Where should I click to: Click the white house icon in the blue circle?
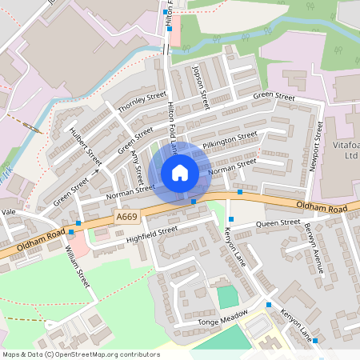tap(180, 172)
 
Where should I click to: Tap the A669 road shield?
tap(126, 217)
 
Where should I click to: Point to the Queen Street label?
tap(278, 223)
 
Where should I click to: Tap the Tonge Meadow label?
tap(219, 322)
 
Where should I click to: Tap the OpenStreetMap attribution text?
tap(80, 354)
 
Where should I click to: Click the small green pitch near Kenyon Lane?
tap(228, 297)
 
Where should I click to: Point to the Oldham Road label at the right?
tap(322, 208)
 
